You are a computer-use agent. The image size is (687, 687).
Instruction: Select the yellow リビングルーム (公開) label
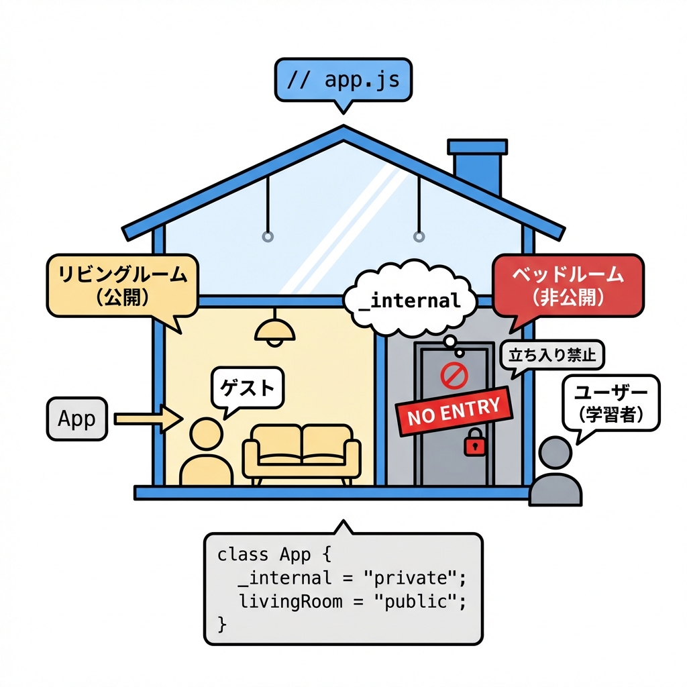click(x=121, y=286)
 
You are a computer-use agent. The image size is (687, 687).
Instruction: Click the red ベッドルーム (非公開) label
click(x=568, y=286)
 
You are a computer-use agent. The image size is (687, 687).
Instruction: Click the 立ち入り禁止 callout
click(x=552, y=355)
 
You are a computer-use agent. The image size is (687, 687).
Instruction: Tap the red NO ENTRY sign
click(x=454, y=410)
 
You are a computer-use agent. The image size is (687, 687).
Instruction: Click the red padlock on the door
click(x=474, y=442)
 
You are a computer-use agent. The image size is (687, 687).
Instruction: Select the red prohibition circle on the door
click(x=454, y=376)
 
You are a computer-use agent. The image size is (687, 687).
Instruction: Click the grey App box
click(x=77, y=419)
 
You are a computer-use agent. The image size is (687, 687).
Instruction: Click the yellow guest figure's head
click(x=206, y=434)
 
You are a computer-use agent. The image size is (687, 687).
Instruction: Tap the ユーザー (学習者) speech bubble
click(x=610, y=403)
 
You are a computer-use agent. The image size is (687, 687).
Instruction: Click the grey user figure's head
click(x=556, y=453)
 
